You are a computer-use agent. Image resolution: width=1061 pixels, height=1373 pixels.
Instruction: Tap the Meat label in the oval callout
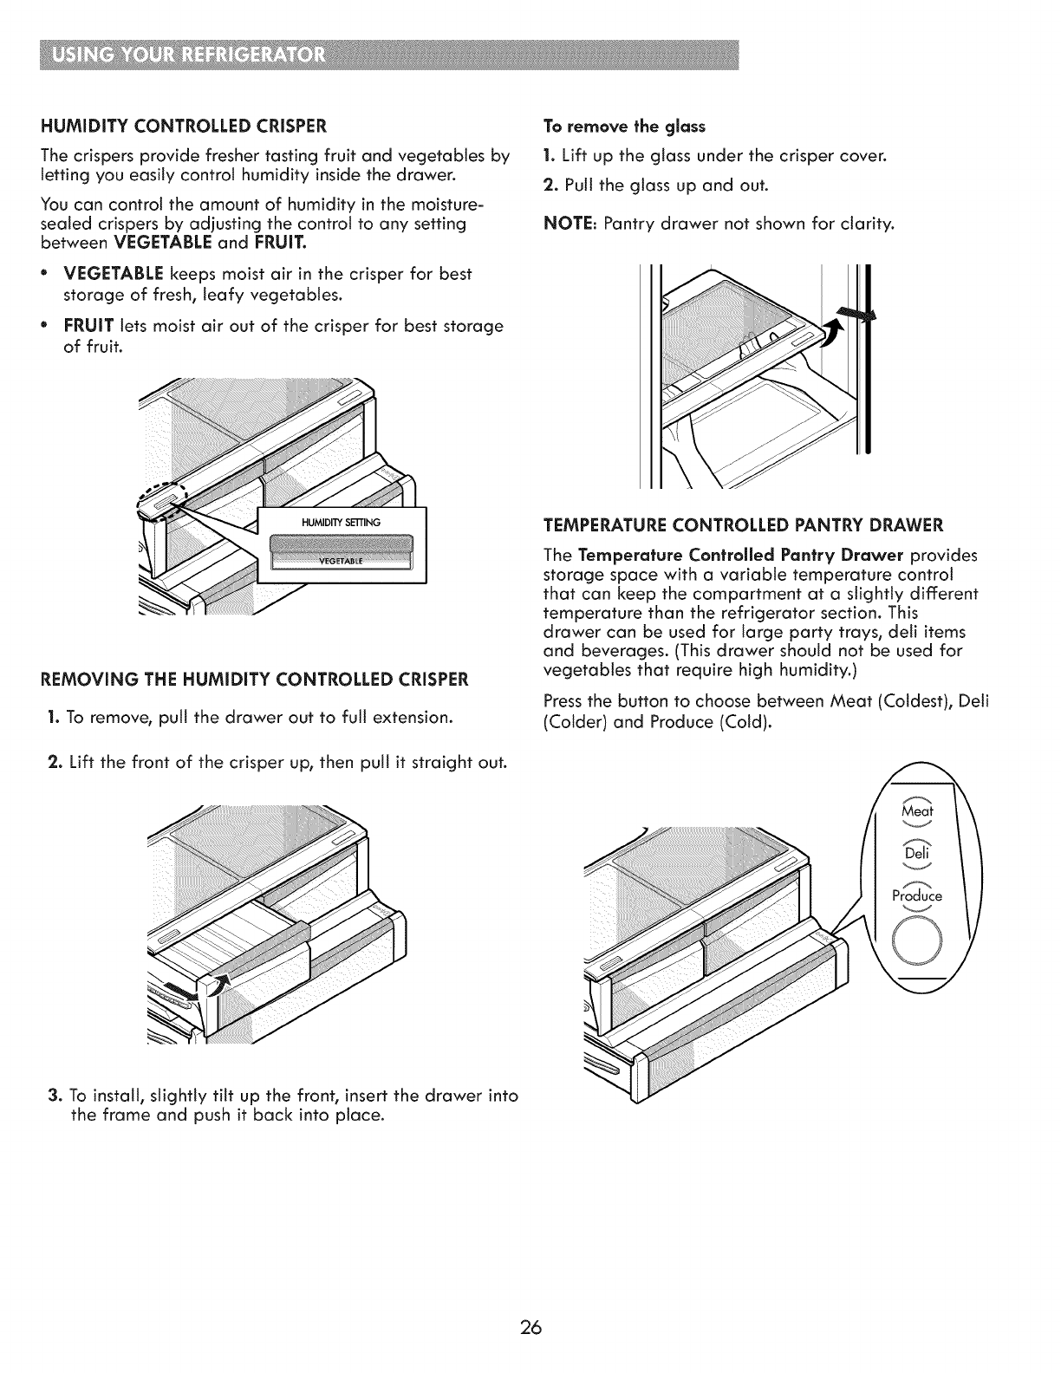tap(916, 812)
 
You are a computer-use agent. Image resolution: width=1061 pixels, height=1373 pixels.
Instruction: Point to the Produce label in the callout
tap(916, 895)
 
